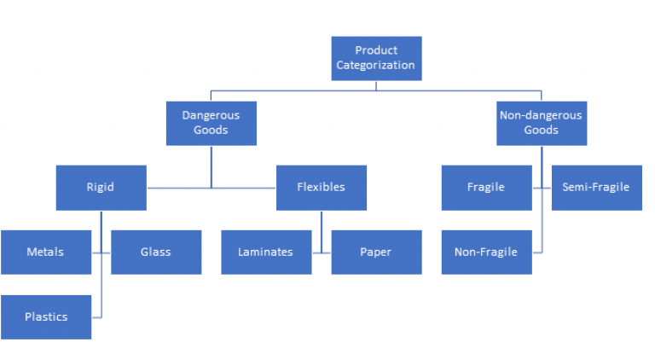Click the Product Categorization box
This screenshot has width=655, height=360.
tap(375, 58)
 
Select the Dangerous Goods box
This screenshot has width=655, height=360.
tap(211, 123)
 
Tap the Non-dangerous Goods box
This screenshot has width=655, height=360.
tap(541, 123)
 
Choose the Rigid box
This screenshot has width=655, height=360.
tap(101, 187)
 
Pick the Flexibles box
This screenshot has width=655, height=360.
tap(321, 187)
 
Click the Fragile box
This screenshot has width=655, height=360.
tap(486, 187)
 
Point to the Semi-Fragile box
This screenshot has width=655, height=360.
tap(596, 187)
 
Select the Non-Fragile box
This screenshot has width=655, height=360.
tap(486, 252)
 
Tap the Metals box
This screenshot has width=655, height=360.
tap(45, 252)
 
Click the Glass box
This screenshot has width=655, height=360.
tap(156, 252)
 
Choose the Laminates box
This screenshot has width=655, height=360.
tap(265, 252)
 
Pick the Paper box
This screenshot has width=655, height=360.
tap(376, 252)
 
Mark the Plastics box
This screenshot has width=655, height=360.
tap(45, 316)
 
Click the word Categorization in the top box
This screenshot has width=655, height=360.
tap(375, 65)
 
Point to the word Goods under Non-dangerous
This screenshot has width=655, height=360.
tap(541, 131)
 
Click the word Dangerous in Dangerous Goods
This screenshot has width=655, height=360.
tap(211, 115)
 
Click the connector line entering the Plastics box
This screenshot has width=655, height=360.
tap(96, 316)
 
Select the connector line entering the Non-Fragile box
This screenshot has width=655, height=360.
tap(536, 252)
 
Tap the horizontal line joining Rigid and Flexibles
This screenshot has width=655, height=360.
tap(211, 187)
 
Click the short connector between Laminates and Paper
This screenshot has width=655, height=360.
tap(321, 252)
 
